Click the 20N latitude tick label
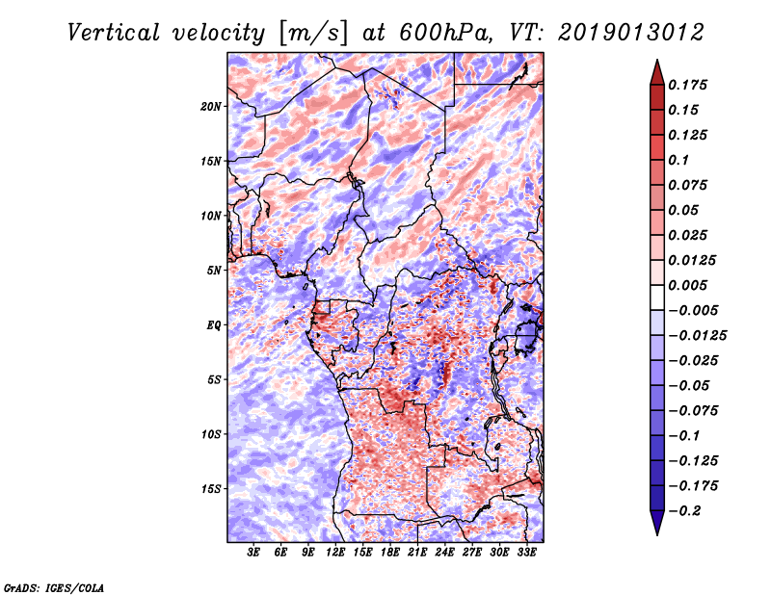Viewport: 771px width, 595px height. pyautogui.click(x=211, y=107)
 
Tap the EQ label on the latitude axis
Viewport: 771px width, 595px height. pyautogui.click(x=213, y=325)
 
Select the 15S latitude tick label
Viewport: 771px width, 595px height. pyautogui.click(x=211, y=489)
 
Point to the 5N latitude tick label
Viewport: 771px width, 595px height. pyautogui.click(x=214, y=271)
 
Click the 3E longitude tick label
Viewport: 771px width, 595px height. pyautogui.click(x=253, y=553)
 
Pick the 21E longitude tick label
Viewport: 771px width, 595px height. pyautogui.click(x=417, y=553)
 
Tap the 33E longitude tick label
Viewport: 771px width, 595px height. pyautogui.click(x=526, y=553)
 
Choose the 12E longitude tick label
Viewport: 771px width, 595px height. pyautogui.click(x=335, y=553)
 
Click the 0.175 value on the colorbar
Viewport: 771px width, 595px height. pyautogui.click(x=687, y=85)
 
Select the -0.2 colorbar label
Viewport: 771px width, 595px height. pyautogui.click(x=684, y=511)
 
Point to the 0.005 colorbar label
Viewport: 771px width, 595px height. pyautogui.click(x=687, y=285)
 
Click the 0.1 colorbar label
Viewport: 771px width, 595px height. pyautogui.click(x=678, y=160)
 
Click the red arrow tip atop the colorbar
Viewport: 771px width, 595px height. pyautogui.click(x=657, y=61)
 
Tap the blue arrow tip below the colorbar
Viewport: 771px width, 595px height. pyautogui.click(x=657, y=534)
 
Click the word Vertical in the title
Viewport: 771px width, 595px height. pyautogui.click(x=113, y=33)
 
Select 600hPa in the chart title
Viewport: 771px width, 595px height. pyautogui.click(x=445, y=33)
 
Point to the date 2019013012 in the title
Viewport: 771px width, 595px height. pyautogui.click(x=631, y=33)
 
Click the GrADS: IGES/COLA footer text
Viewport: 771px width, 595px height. pyautogui.click(x=54, y=588)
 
